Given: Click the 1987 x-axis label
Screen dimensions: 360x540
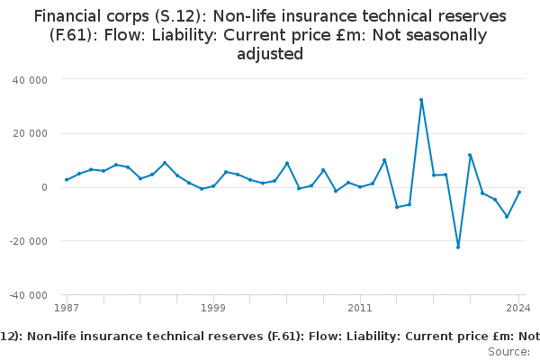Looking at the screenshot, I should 67,308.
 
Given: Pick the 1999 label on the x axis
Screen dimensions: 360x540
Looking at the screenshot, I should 213,308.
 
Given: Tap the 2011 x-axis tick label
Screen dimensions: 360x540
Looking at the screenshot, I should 360,308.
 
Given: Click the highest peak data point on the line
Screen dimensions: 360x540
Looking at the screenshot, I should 421,100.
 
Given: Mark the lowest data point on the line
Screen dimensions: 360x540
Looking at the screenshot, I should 458,247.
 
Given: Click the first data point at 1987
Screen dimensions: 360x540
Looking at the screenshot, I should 67,180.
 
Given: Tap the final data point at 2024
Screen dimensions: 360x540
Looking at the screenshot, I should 519,192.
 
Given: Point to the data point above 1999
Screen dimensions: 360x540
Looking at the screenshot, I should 213,186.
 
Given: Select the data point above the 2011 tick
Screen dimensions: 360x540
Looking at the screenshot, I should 360,187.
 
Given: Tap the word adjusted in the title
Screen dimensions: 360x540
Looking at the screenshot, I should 270,54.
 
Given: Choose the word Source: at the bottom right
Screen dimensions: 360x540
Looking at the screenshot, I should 508,351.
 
